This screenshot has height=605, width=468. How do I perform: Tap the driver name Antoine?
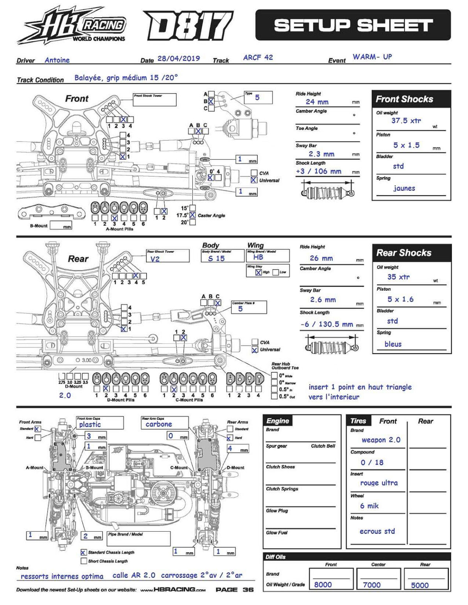click(x=57, y=60)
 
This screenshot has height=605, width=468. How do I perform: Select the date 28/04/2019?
click(x=179, y=58)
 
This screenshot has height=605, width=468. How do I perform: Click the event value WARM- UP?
click(x=372, y=57)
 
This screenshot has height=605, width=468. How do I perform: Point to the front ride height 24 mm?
click(x=317, y=102)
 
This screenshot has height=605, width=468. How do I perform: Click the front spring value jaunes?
click(x=404, y=188)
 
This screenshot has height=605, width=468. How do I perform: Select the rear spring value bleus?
click(x=393, y=344)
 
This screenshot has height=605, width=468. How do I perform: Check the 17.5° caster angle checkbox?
click(x=192, y=215)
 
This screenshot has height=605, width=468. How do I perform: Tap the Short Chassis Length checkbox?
click(x=83, y=561)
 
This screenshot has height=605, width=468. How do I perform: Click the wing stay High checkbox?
click(x=258, y=272)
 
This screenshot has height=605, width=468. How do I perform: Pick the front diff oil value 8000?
click(x=323, y=585)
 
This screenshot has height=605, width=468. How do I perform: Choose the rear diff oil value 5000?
click(x=420, y=585)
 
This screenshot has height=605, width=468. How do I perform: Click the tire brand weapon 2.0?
click(x=381, y=440)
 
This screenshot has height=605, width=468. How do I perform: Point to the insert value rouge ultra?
click(x=379, y=483)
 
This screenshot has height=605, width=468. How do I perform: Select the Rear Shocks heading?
click(x=404, y=253)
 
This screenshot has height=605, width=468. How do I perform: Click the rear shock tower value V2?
click(x=155, y=259)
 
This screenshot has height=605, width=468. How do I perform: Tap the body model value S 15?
click(x=216, y=258)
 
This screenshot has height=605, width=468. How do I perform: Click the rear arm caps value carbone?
click(x=159, y=424)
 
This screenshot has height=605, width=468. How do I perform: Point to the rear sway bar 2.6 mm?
click(x=323, y=300)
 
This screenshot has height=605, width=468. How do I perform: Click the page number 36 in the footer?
click(x=248, y=589)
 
